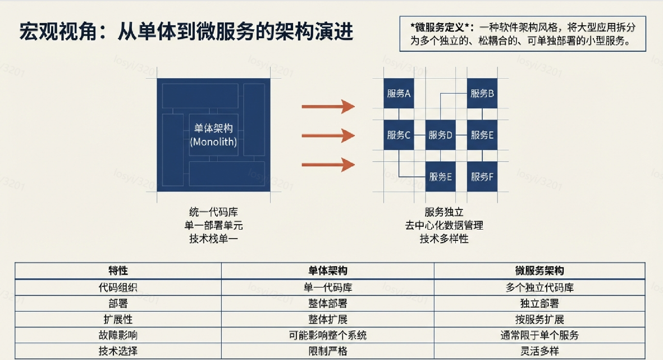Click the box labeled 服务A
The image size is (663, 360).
[399, 93]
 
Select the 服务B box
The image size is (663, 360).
[482, 93]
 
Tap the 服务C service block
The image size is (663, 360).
[399, 135]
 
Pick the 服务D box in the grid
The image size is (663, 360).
[440, 135]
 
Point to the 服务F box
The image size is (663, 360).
[482, 177]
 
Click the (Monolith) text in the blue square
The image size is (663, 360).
[213, 142]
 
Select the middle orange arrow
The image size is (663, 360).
[328, 135]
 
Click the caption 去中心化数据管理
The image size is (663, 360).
[444, 225]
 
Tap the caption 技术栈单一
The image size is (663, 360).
[213, 239]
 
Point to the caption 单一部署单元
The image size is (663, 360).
[213, 225]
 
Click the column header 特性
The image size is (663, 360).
[118, 271]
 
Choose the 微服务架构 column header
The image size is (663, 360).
[539, 271]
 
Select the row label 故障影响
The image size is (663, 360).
[118, 335]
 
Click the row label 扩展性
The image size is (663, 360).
[118, 320]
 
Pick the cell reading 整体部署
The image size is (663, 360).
[328, 303]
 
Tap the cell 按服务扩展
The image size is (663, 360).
[539, 320]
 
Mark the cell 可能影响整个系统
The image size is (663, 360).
[328, 335]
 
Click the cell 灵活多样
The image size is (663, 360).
[539, 352]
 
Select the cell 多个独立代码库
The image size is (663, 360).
[539, 288]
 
